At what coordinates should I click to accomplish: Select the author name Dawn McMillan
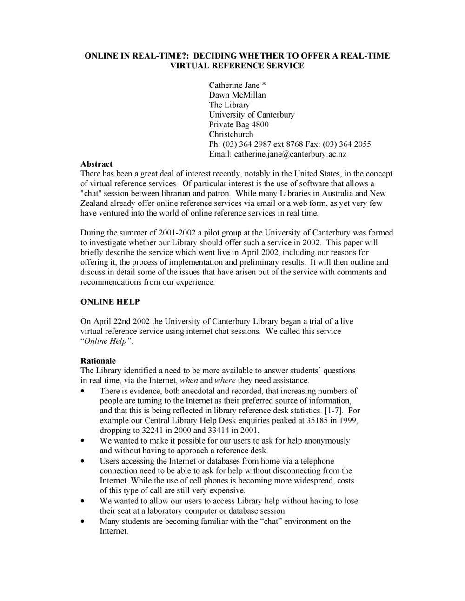237,95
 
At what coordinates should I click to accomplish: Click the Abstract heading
96,164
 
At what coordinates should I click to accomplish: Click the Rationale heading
98,361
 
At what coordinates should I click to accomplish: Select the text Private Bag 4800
239,124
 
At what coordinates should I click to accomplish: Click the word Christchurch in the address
231,134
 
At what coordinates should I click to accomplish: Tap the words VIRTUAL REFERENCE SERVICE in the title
237,65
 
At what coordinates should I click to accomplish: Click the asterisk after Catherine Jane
263,85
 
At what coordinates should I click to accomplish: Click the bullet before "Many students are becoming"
83,521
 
